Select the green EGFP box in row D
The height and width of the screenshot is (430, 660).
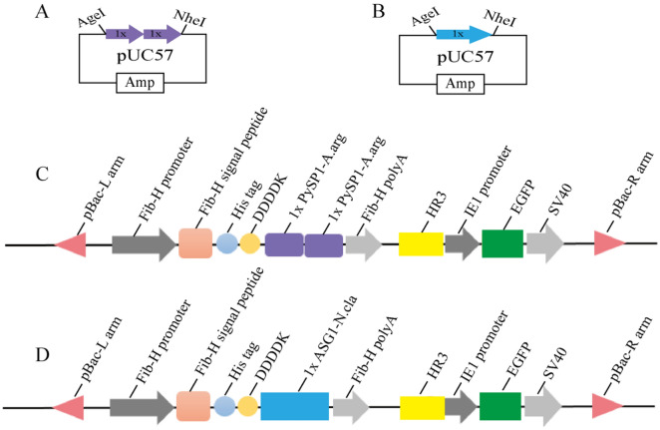pos(499,406)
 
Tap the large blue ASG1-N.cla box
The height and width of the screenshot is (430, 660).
pos(294,406)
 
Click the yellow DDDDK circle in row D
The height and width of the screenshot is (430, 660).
pos(247,406)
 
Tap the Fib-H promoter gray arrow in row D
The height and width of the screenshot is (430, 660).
pos(141,406)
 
